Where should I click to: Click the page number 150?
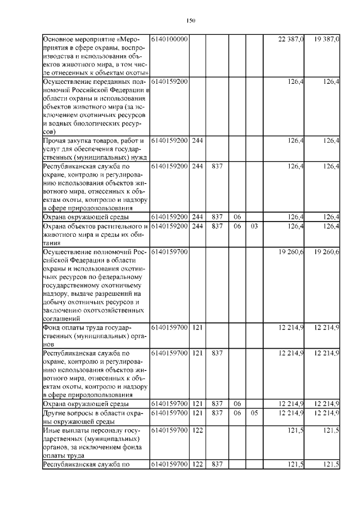(190, 21)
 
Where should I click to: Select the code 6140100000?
(169, 39)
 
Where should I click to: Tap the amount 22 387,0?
(291, 39)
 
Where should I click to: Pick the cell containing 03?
(254, 226)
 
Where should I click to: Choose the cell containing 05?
(254, 413)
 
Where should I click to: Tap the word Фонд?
(52, 327)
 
